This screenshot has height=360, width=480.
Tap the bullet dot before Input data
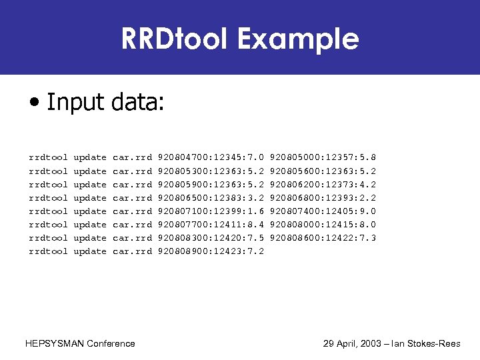click(33, 103)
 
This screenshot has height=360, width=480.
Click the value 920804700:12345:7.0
click(211, 158)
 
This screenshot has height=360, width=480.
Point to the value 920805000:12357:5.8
click(323, 158)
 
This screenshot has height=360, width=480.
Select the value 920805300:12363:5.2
click(211, 171)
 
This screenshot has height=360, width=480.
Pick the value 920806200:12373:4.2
click(323, 185)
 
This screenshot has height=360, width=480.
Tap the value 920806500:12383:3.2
click(211, 198)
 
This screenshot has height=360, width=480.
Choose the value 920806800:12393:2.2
click(323, 198)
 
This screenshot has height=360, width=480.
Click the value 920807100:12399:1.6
click(211, 211)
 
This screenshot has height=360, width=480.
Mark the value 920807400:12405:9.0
click(323, 211)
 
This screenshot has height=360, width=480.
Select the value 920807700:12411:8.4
click(211, 225)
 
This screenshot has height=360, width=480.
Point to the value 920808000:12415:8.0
click(323, 225)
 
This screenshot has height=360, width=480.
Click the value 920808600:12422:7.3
click(323, 238)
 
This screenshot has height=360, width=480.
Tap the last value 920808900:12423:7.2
click(211, 251)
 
